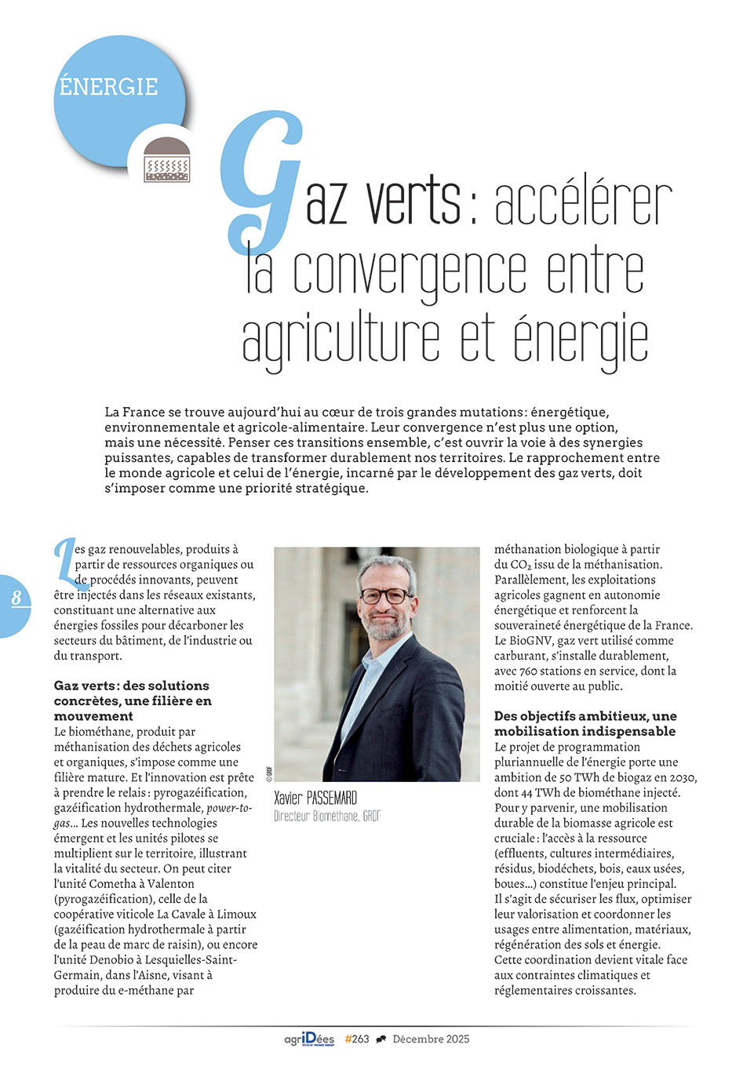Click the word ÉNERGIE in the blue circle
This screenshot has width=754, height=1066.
pos(108,86)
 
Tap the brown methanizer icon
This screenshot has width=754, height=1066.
pos(167,160)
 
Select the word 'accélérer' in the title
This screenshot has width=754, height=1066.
pos(582,203)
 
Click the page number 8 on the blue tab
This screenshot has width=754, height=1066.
pos(16,598)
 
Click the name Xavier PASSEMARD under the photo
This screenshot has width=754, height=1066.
pos(315,799)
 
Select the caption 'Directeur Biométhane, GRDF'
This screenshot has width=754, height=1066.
pos(326,817)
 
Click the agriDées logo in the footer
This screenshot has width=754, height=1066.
pos(309,1039)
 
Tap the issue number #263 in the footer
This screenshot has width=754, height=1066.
pos(357,1039)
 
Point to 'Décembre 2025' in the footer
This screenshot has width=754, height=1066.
pos(431,1039)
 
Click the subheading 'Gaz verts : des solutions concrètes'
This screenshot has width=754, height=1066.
pos(132,700)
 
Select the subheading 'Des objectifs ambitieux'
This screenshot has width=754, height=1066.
pos(585,723)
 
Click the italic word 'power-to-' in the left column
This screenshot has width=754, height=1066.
pos(229,808)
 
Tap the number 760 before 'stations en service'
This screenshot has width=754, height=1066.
pos(530,671)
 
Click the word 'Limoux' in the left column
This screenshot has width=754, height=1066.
pos(236,915)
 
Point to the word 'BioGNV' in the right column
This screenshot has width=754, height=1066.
pos(530,641)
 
